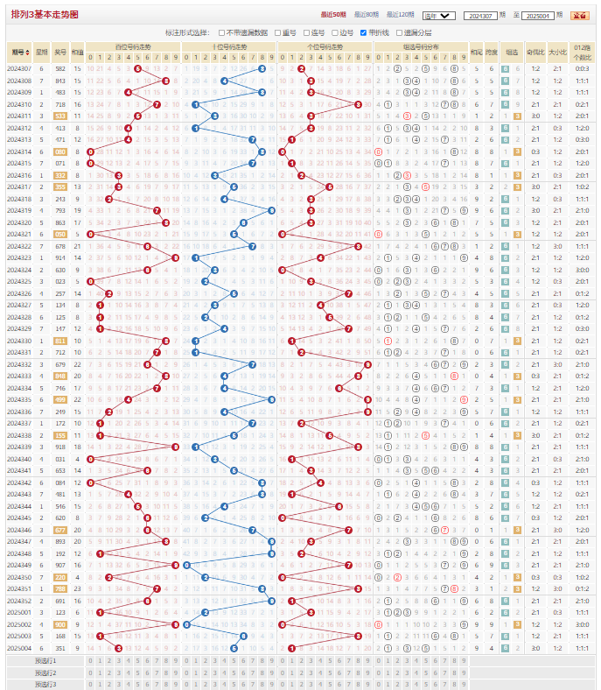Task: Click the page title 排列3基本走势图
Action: point(45,15)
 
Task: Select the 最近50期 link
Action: point(332,15)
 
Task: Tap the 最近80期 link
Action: point(366,15)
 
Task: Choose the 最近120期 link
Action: point(400,15)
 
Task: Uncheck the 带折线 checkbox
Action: point(364,33)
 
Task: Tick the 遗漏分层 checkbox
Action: point(399,33)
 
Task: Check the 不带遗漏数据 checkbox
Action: point(221,33)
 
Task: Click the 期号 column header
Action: point(18,52)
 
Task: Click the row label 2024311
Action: point(18,116)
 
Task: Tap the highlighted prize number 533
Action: point(59,116)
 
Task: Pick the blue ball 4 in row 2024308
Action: point(224,81)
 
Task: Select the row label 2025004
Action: point(18,648)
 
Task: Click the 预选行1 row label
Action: point(45,660)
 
